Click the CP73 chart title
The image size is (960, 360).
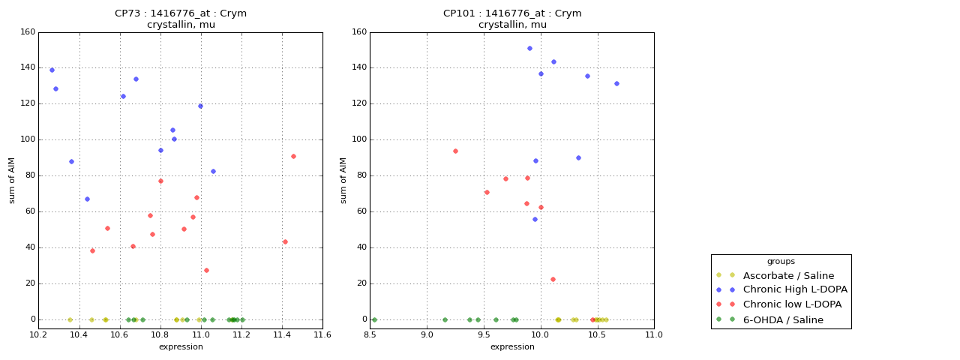pyautogui.click(x=181, y=19)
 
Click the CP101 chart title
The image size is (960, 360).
pyautogui.click(x=512, y=19)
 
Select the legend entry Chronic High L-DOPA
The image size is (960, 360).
pyautogui.click(x=795, y=289)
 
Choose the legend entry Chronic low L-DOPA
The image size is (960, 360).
pyautogui.click(x=792, y=304)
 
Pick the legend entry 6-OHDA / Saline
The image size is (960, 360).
pyautogui.click(x=783, y=320)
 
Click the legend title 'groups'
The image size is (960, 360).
pyautogui.click(x=781, y=262)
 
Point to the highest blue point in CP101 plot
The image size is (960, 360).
pyautogui.click(x=529, y=48)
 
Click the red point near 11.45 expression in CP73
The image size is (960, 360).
pyautogui.click(x=293, y=156)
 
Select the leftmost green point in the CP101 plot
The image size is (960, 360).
pyautogui.click(x=374, y=319)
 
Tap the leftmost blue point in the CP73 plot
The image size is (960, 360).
pyautogui.click(x=52, y=70)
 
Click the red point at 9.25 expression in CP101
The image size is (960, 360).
pyautogui.click(x=455, y=151)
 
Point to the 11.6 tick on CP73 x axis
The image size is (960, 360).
pyautogui.click(x=322, y=334)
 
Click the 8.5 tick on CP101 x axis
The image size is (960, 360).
pyautogui.click(x=370, y=334)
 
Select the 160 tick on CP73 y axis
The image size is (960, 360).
pyautogui.click(x=27, y=32)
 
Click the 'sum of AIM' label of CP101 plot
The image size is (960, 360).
pyautogui.click(x=343, y=180)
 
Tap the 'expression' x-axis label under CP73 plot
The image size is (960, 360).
pyautogui.click(x=181, y=346)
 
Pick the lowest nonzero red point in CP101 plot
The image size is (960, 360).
pyautogui.click(x=553, y=279)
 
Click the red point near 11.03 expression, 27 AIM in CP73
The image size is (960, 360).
pyautogui.click(x=206, y=270)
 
